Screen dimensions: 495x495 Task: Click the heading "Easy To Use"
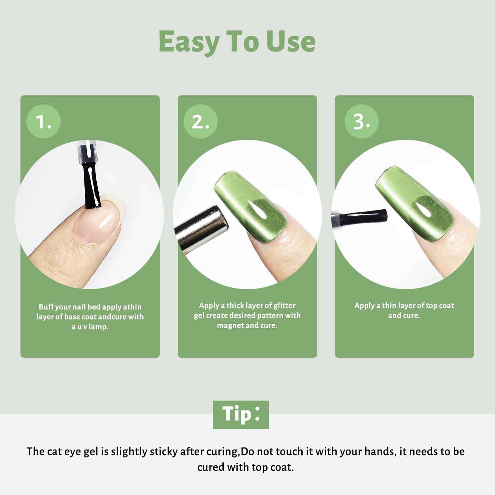pos(237,42)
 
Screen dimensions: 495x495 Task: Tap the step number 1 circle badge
pos(44,121)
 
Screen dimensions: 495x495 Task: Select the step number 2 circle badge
pos(200,121)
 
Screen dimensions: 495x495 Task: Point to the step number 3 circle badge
pos(361,121)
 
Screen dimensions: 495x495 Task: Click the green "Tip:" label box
pos(241,414)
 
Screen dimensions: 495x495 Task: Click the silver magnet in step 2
pos(201,233)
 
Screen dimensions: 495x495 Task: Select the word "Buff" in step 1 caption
pos(46,307)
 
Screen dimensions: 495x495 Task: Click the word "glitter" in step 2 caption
pos(284,306)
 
